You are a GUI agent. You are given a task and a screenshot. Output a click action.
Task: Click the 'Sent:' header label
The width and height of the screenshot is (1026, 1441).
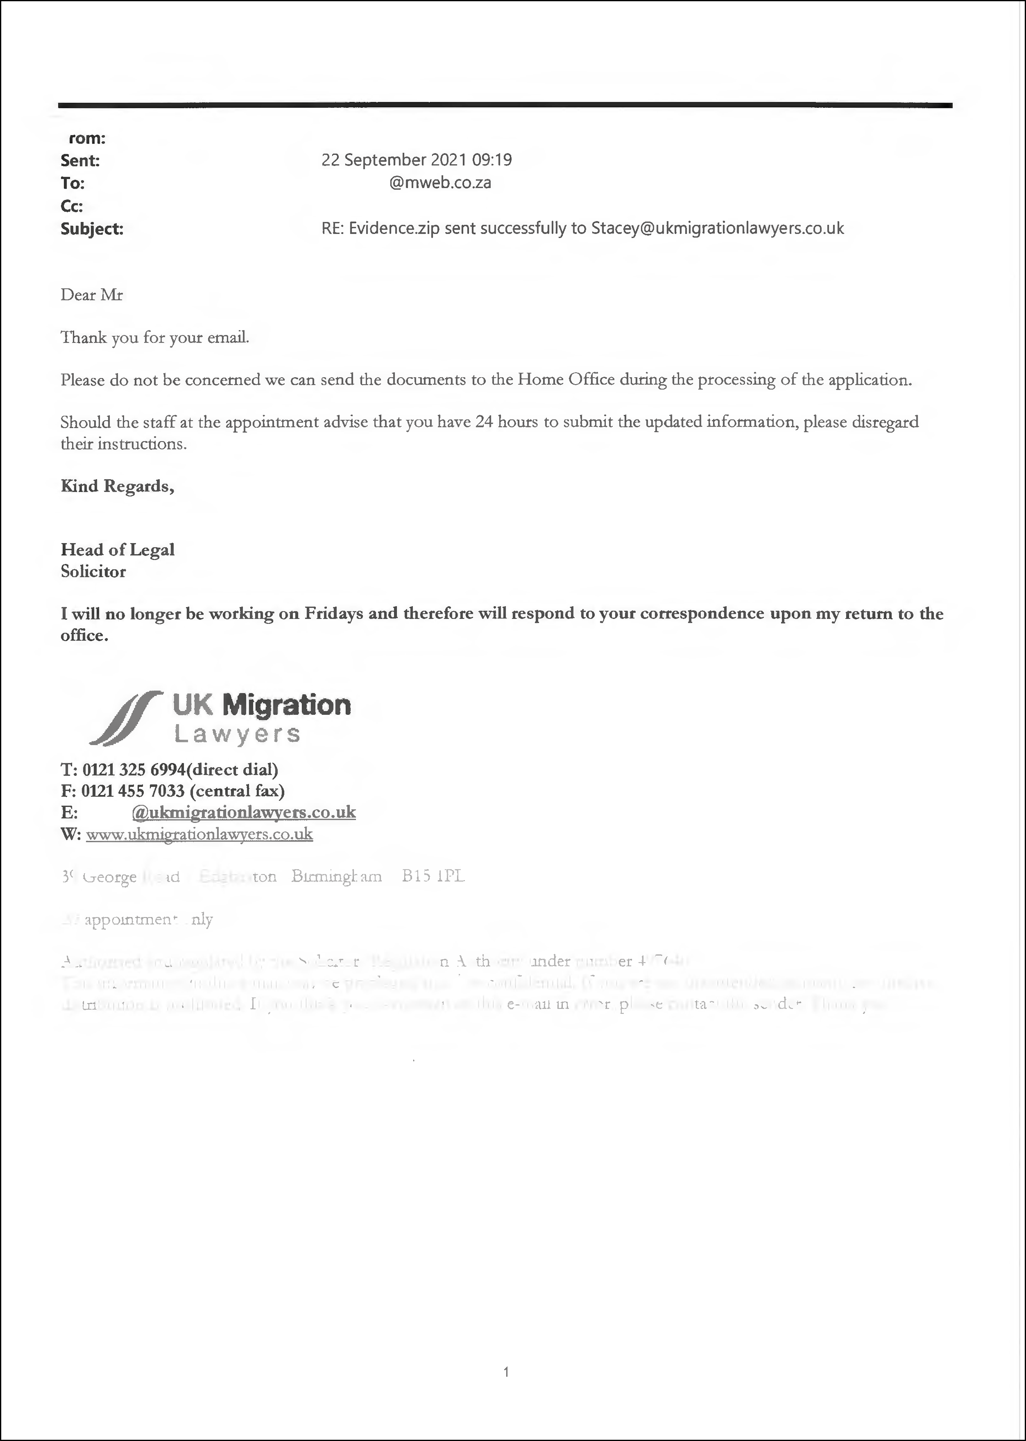[80, 161]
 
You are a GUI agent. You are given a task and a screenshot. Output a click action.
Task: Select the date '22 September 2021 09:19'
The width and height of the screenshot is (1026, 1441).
[416, 160]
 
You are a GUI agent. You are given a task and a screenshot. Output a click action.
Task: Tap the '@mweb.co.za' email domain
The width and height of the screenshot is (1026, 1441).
[440, 183]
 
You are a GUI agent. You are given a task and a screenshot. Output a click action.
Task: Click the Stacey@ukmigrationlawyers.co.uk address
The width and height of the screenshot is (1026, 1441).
[717, 228]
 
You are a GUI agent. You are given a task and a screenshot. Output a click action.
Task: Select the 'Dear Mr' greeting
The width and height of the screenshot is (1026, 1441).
[91, 295]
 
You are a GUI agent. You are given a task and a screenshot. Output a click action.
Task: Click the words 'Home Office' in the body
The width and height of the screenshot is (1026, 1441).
[566, 380]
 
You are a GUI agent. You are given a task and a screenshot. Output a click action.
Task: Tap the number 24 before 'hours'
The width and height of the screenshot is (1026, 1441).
[484, 422]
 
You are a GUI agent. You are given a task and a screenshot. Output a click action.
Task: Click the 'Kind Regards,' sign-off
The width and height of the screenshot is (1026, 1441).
[117, 486]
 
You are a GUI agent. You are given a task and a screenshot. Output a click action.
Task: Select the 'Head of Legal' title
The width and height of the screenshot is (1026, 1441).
[117, 549]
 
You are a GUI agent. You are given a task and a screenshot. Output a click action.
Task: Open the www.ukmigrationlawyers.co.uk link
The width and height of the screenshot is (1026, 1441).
[199, 834]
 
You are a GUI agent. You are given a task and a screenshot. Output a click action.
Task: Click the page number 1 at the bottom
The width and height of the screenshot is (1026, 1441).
[506, 1371]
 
